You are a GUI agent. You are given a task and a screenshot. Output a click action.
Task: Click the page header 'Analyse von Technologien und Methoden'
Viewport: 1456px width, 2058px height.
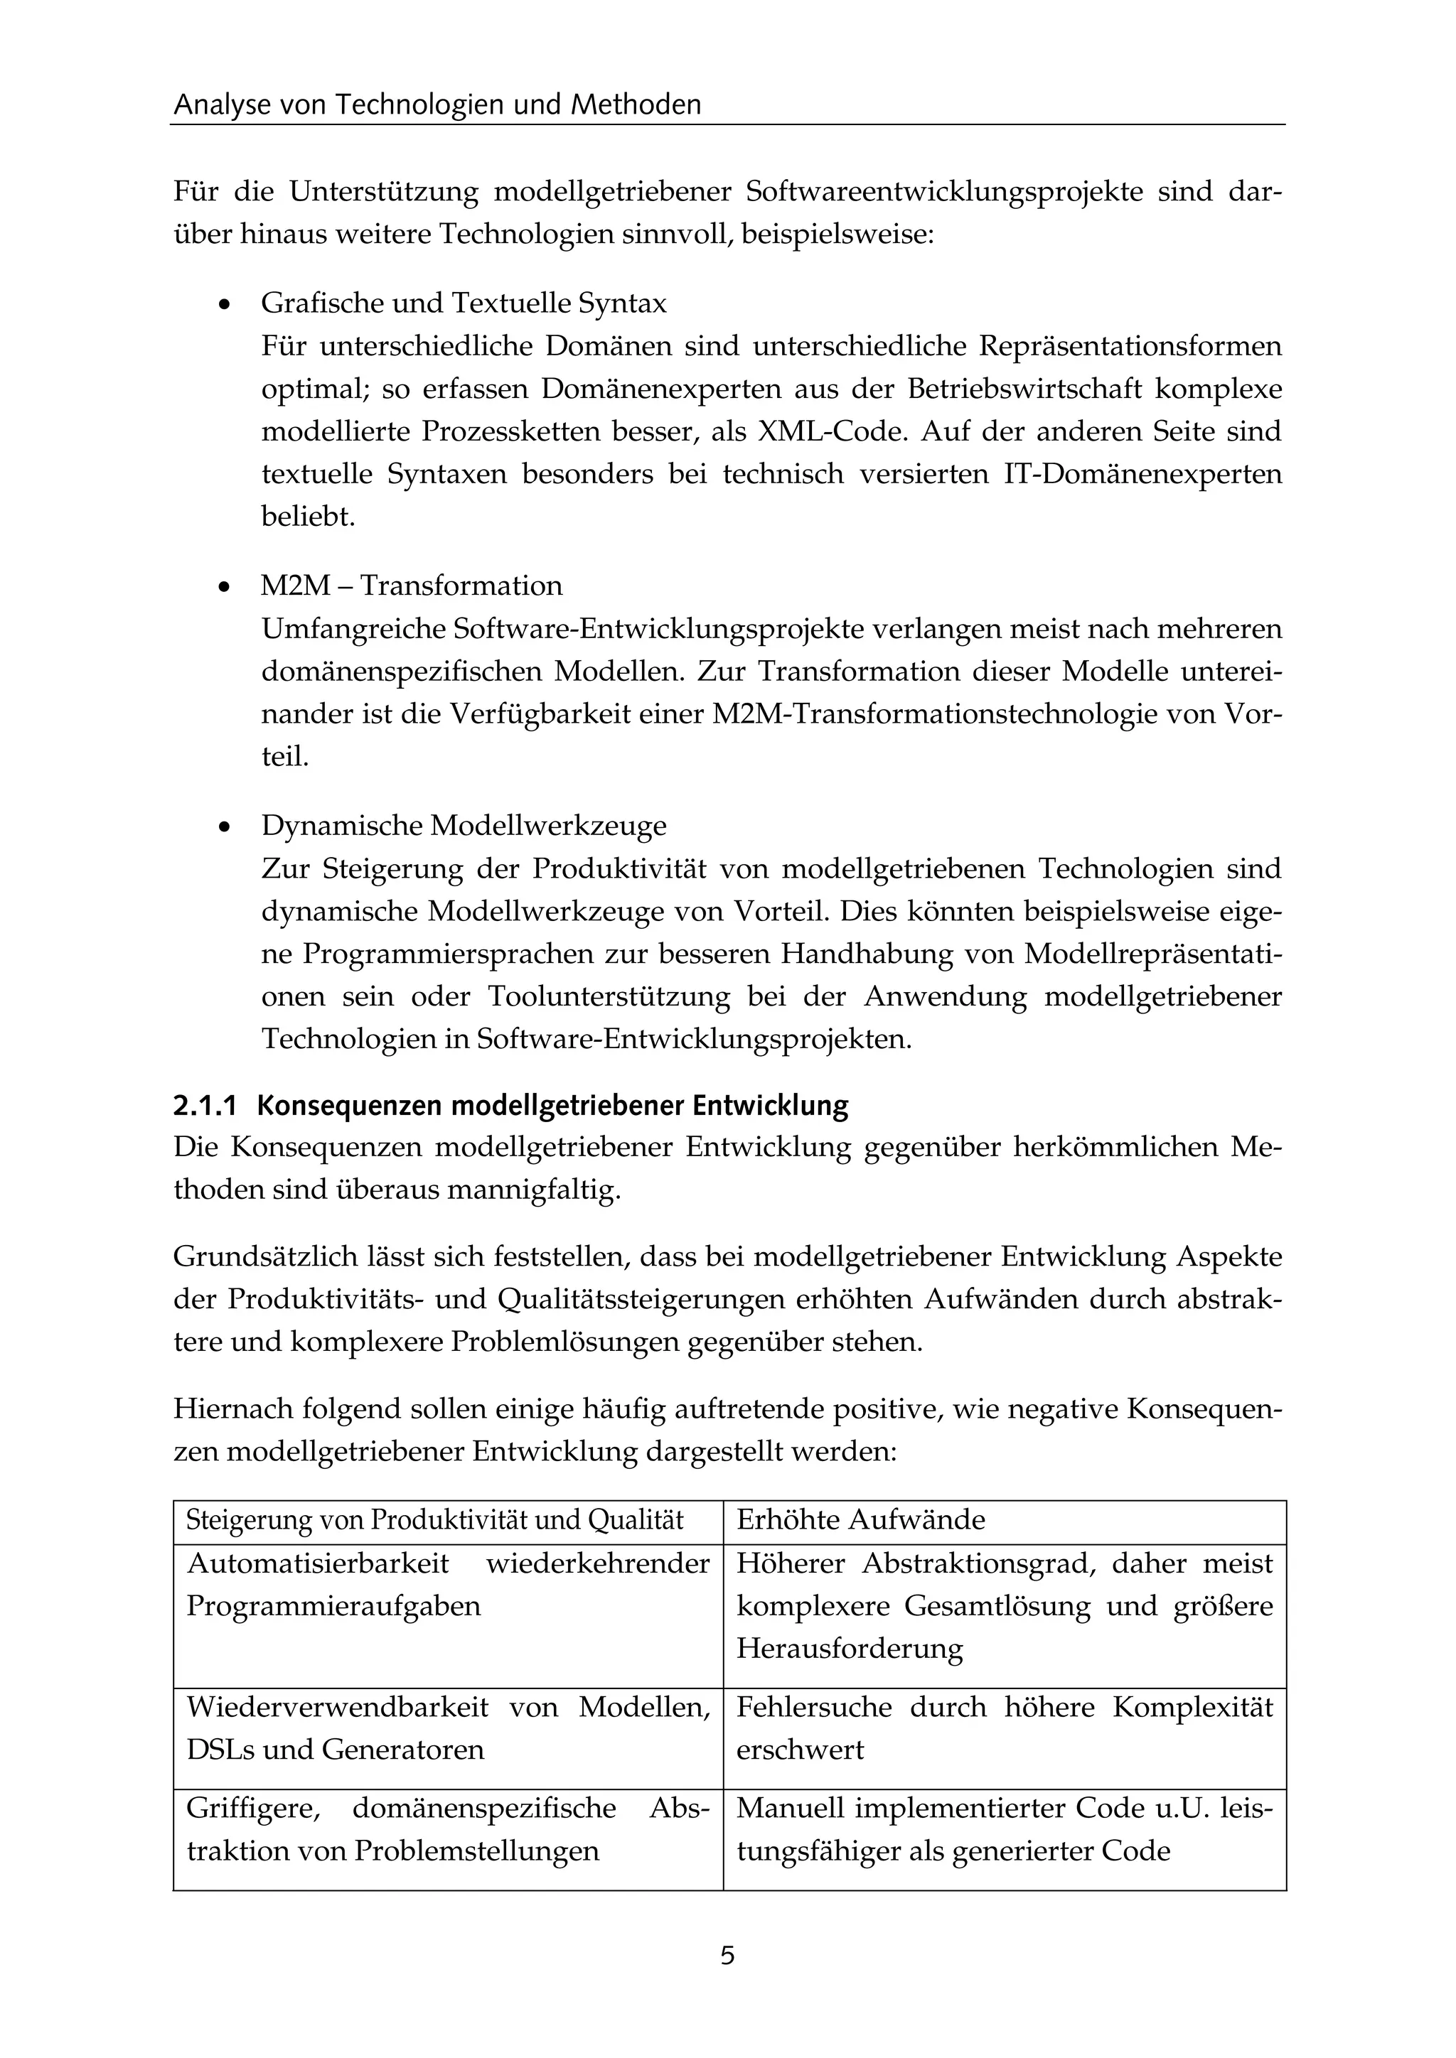point(437,105)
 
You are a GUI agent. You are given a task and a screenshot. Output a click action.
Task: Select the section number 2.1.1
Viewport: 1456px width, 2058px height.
point(205,1106)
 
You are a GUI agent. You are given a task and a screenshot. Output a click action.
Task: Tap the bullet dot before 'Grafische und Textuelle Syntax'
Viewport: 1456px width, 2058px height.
point(225,306)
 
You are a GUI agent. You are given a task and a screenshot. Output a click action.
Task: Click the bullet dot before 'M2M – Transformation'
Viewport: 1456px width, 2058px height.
point(225,588)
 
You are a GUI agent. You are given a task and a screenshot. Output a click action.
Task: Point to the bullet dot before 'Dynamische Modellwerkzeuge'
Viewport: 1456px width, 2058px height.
point(225,827)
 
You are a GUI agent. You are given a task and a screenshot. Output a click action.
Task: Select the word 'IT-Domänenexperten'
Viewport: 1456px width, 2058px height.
point(1141,474)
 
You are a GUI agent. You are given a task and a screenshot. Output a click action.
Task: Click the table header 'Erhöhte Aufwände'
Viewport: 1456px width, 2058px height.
point(861,1519)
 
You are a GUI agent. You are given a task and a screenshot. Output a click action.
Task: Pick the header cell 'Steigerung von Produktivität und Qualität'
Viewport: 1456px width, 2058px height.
point(435,1519)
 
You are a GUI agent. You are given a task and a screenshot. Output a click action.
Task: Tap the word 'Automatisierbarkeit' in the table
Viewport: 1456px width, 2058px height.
point(317,1563)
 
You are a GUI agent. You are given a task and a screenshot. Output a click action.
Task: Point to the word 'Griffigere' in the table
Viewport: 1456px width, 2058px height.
point(253,1808)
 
